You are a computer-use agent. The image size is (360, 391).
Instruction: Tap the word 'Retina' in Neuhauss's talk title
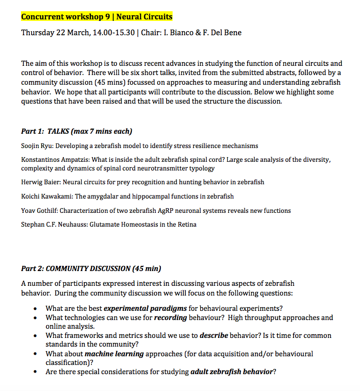click(186, 224)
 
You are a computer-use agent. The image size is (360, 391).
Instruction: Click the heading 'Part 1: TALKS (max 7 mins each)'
click(77, 131)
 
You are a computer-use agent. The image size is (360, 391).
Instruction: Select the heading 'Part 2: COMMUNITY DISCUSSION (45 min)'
click(91, 268)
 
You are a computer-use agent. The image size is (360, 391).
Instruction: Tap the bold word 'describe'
click(213, 335)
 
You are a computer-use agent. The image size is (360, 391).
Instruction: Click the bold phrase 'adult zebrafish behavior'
click(231, 372)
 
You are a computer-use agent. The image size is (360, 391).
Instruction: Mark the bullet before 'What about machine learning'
click(35, 354)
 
